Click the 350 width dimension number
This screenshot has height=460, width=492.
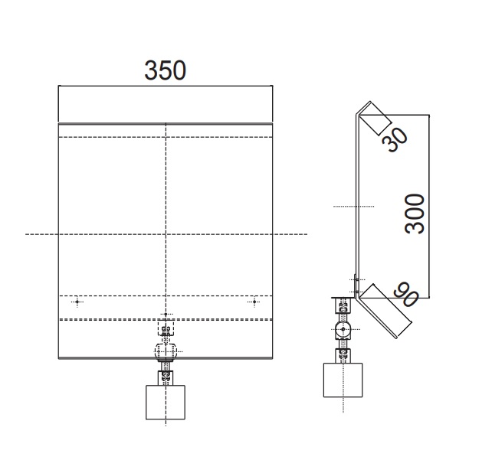click(165, 70)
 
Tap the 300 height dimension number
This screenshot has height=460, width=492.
click(415, 214)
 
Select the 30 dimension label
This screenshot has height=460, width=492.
click(395, 140)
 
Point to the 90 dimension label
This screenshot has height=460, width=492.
click(406, 295)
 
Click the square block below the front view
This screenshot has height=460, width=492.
click(166, 402)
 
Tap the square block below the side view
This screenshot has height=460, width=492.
click(343, 380)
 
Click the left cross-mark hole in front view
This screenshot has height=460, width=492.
click(77, 302)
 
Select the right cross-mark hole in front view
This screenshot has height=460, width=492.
click(254, 302)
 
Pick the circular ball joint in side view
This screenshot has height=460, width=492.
click(343, 329)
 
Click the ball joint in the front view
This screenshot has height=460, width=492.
click(166, 351)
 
